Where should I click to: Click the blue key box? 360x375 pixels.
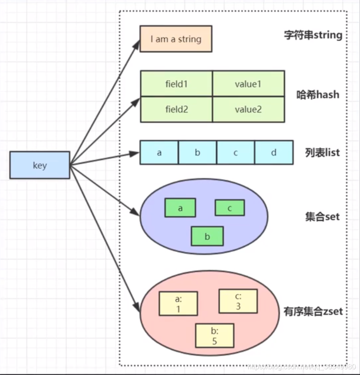tap(40, 165)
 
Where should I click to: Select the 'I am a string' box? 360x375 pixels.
tap(176, 39)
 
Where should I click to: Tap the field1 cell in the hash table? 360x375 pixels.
tap(176, 83)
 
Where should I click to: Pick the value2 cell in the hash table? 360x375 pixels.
tap(248, 109)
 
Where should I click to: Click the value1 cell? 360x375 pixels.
tap(248, 83)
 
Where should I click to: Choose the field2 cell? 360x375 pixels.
tap(176, 109)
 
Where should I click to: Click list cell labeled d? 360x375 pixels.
tap(273, 153)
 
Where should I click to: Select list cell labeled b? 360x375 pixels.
tap(198, 153)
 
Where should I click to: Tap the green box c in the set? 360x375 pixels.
tap(229, 208)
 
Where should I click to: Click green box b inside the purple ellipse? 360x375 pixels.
tap(207, 236)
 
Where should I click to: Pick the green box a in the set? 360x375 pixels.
tap(180, 208)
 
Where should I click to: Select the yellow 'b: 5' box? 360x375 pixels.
tap(214, 336)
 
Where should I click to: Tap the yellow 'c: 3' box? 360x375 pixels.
tap(238, 301)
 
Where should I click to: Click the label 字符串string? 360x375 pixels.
tap(313, 35)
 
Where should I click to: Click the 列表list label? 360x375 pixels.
tap(322, 153)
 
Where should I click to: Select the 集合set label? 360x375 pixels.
tap(322, 217)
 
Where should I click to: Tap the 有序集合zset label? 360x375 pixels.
tap(313, 311)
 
